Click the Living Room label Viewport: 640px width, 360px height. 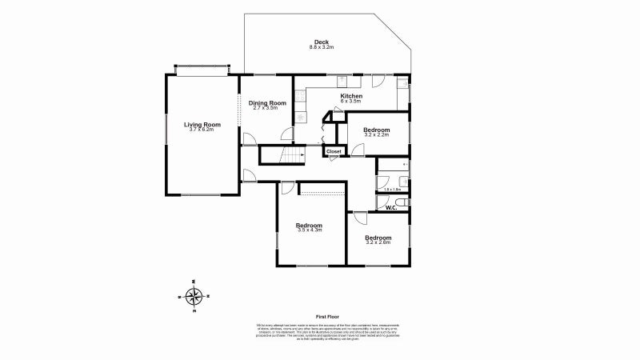(x=202, y=124)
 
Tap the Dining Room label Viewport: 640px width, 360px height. (x=267, y=102)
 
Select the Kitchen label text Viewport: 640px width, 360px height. (x=351, y=96)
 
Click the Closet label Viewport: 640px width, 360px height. (x=334, y=151)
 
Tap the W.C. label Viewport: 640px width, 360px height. (x=391, y=208)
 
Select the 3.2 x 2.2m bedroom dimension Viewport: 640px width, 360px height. (x=376, y=135)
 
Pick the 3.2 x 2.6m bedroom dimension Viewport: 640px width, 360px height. (x=378, y=242)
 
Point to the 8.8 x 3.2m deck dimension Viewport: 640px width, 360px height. (x=321, y=48)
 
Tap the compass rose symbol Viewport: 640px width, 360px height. (x=194, y=297)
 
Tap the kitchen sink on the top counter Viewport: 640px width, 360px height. (x=342, y=79)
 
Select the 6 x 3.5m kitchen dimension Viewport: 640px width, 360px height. (x=351, y=102)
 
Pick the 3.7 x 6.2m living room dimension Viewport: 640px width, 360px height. (x=202, y=130)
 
